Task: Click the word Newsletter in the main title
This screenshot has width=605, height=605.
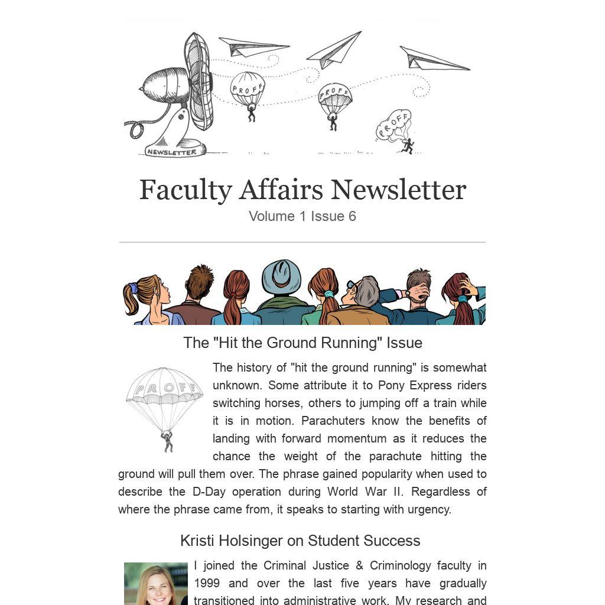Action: click(x=398, y=190)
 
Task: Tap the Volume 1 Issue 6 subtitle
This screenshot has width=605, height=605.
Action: click(x=302, y=216)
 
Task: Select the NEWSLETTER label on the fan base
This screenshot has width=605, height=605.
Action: click(x=171, y=152)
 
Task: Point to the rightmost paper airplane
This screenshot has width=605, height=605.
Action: click(x=434, y=58)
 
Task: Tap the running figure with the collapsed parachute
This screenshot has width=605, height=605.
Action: click(x=406, y=145)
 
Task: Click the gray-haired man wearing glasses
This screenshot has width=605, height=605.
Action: click(x=363, y=295)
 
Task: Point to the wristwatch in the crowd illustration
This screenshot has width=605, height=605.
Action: click(x=406, y=292)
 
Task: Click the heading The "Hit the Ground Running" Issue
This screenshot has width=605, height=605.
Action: click(x=302, y=343)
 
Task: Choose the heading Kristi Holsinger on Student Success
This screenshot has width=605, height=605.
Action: click(x=300, y=541)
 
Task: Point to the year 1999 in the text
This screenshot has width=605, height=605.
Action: click(x=207, y=583)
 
